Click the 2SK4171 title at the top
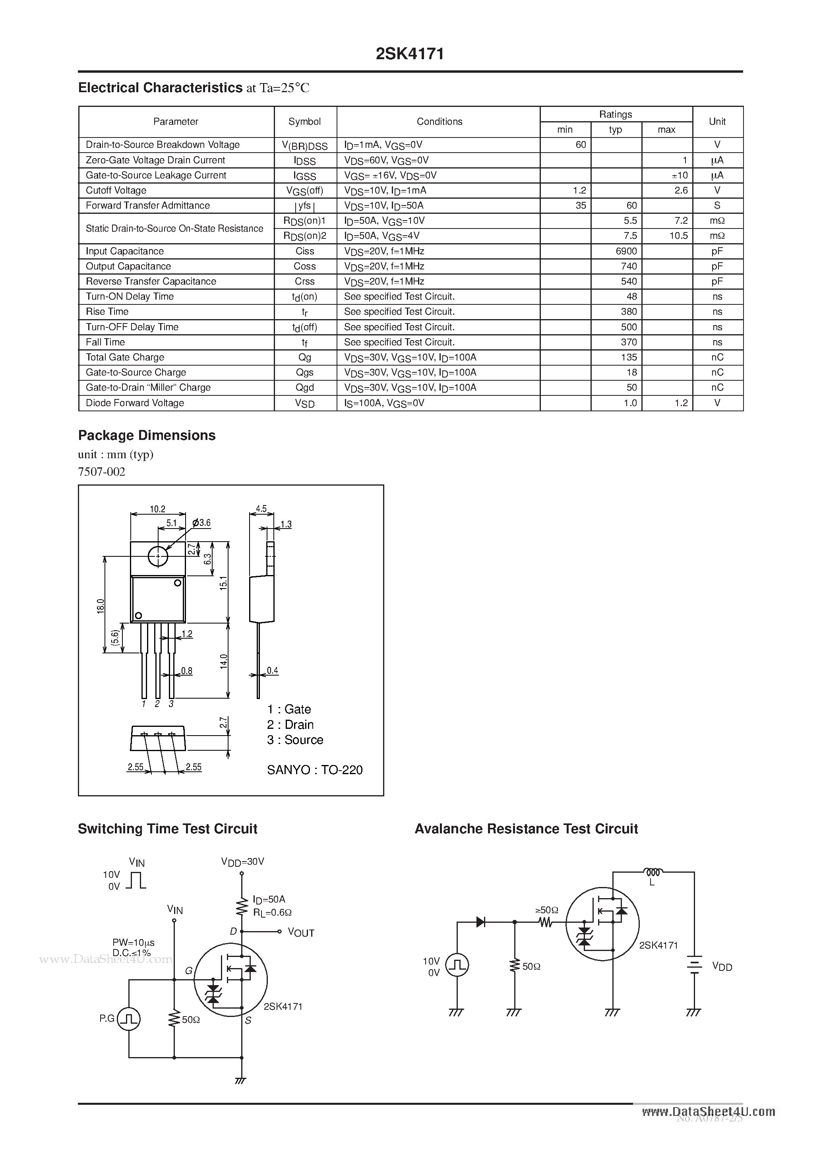[x=410, y=54]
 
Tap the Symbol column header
[x=305, y=122]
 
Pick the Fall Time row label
[x=105, y=342]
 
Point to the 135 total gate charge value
[x=629, y=357]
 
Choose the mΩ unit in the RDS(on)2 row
[x=717, y=236]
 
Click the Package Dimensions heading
[x=147, y=435]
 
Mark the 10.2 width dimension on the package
[x=157, y=509]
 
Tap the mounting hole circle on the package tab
[x=158, y=557]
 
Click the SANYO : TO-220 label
[x=315, y=770]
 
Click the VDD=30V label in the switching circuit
[x=242, y=862]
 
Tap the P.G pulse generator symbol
[x=129, y=1019]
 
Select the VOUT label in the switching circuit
[x=301, y=933]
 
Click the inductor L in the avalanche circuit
[x=653, y=872]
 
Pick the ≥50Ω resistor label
[x=547, y=910]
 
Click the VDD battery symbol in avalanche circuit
[x=695, y=964]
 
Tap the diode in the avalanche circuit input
[x=480, y=922]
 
